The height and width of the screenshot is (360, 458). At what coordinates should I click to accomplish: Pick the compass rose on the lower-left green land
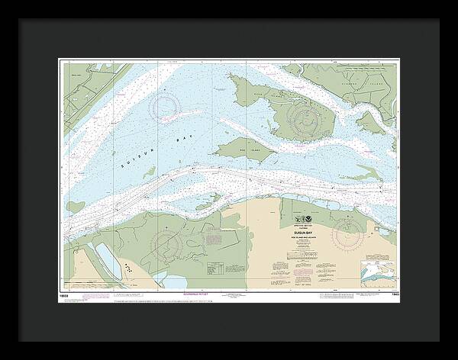(x=166, y=245)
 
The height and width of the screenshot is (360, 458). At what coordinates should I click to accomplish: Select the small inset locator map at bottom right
(x=378, y=272)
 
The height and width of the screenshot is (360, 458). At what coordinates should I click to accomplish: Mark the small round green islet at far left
(x=71, y=207)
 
